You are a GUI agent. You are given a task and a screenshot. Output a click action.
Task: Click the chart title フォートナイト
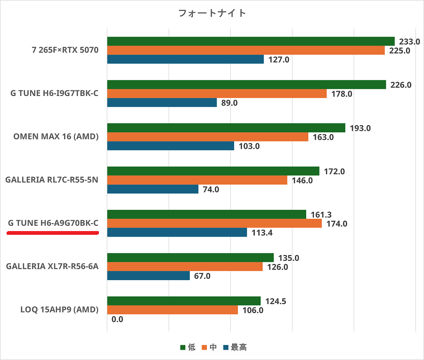(x=212, y=13)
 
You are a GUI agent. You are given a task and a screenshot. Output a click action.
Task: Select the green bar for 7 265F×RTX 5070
(x=251, y=41)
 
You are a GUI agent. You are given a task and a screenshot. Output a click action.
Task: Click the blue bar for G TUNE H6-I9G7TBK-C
(x=162, y=103)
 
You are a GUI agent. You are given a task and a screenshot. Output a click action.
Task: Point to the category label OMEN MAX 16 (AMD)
(x=56, y=137)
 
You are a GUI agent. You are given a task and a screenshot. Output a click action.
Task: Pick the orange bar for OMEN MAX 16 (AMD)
(x=207, y=137)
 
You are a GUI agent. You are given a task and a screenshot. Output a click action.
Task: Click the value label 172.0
(x=334, y=171)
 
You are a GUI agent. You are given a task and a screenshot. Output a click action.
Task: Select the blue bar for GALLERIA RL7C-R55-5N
(x=153, y=189)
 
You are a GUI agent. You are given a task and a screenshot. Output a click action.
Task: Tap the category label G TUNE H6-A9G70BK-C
(x=53, y=223)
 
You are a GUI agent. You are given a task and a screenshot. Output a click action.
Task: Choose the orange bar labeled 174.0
(x=214, y=224)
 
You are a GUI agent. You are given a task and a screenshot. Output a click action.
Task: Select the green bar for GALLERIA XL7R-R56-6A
(x=190, y=257)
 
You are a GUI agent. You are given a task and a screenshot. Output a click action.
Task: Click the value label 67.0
(x=202, y=276)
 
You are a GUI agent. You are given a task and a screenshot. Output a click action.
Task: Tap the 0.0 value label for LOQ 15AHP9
(x=117, y=319)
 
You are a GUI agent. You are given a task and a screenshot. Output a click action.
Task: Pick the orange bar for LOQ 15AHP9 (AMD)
(x=172, y=310)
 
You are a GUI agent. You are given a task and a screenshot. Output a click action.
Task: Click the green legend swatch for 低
(x=183, y=348)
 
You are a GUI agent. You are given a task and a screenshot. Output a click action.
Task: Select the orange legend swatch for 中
(x=204, y=348)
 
